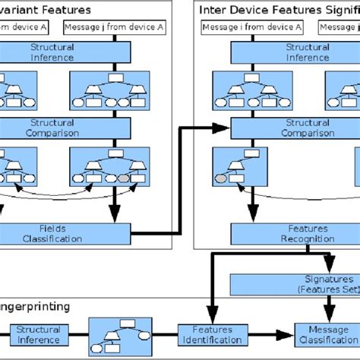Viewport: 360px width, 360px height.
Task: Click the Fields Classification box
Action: (52, 232)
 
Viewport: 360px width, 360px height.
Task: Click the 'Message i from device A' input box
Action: (251, 27)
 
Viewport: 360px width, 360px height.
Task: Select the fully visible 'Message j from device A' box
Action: (114, 27)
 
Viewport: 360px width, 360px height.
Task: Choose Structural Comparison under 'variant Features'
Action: (52, 128)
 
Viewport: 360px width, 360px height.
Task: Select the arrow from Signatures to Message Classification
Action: (329, 308)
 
